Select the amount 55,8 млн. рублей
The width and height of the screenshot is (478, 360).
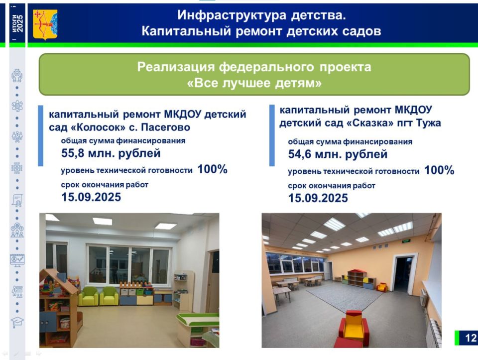tap(111, 153)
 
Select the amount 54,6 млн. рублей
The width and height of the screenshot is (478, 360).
tap(338, 154)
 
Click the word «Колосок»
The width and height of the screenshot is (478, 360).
tap(105, 127)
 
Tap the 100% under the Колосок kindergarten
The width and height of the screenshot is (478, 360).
tap(213, 169)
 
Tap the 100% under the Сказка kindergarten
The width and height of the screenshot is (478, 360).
tap(440, 170)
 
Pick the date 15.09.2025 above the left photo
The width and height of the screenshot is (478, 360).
tap(91, 197)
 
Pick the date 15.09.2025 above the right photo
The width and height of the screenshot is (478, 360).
tap(318, 198)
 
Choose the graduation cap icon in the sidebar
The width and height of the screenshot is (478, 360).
tap(17, 322)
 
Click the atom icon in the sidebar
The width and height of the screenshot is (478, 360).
tap(17, 106)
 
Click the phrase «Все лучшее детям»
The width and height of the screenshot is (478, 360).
tap(254, 83)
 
